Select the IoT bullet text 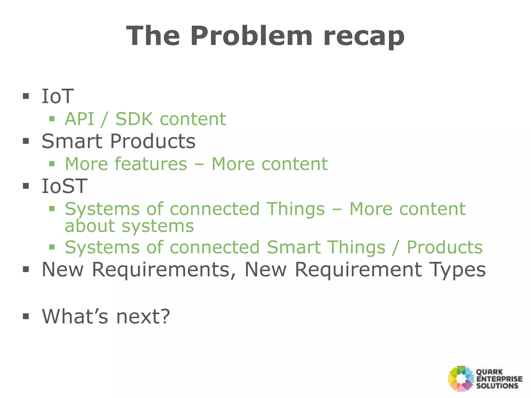(x=58, y=96)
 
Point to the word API (x=79, y=119)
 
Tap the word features (x=151, y=164)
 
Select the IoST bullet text (x=64, y=186)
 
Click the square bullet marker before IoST (x=26, y=186)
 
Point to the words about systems (x=129, y=226)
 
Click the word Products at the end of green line (x=444, y=247)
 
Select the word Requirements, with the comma (x=164, y=270)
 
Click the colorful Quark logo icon (x=461, y=378)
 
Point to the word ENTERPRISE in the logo (x=499, y=379)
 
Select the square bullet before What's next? (x=26, y=316)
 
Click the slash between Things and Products (x=396, y=248)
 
